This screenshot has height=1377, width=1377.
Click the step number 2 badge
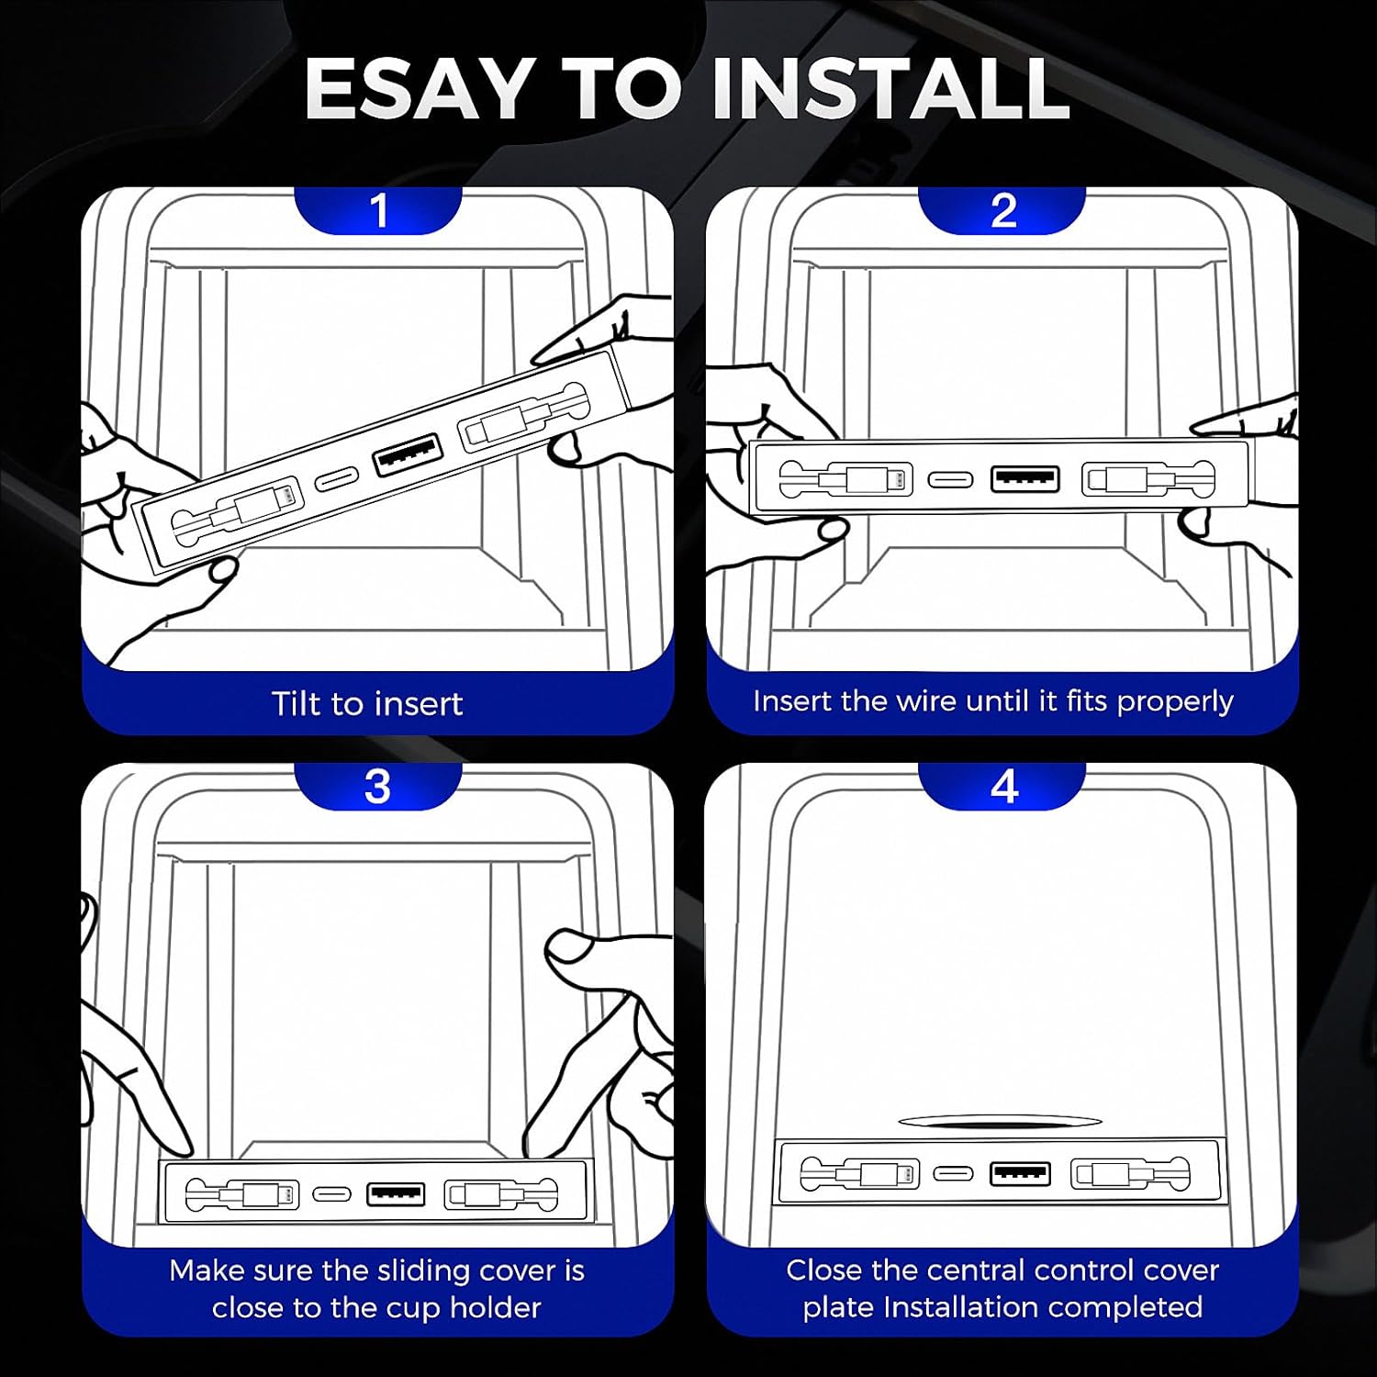coord(1004,211)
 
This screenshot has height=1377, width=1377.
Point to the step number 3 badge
coord(377,787)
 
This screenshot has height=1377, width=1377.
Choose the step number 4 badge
coord(1004,787)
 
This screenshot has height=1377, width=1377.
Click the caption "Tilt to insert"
coord(367,704)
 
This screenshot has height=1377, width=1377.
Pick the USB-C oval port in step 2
coord(950,479)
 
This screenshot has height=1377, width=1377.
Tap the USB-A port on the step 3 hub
coord(396,1194)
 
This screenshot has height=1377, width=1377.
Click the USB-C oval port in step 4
coord(953,1173)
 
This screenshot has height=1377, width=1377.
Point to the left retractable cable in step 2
coord(845,479)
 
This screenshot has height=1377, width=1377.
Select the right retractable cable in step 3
coord(501,1194)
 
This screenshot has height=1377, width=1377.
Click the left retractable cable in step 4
coord(859,1173)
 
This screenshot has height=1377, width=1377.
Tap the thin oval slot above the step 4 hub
coord(999,1121)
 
